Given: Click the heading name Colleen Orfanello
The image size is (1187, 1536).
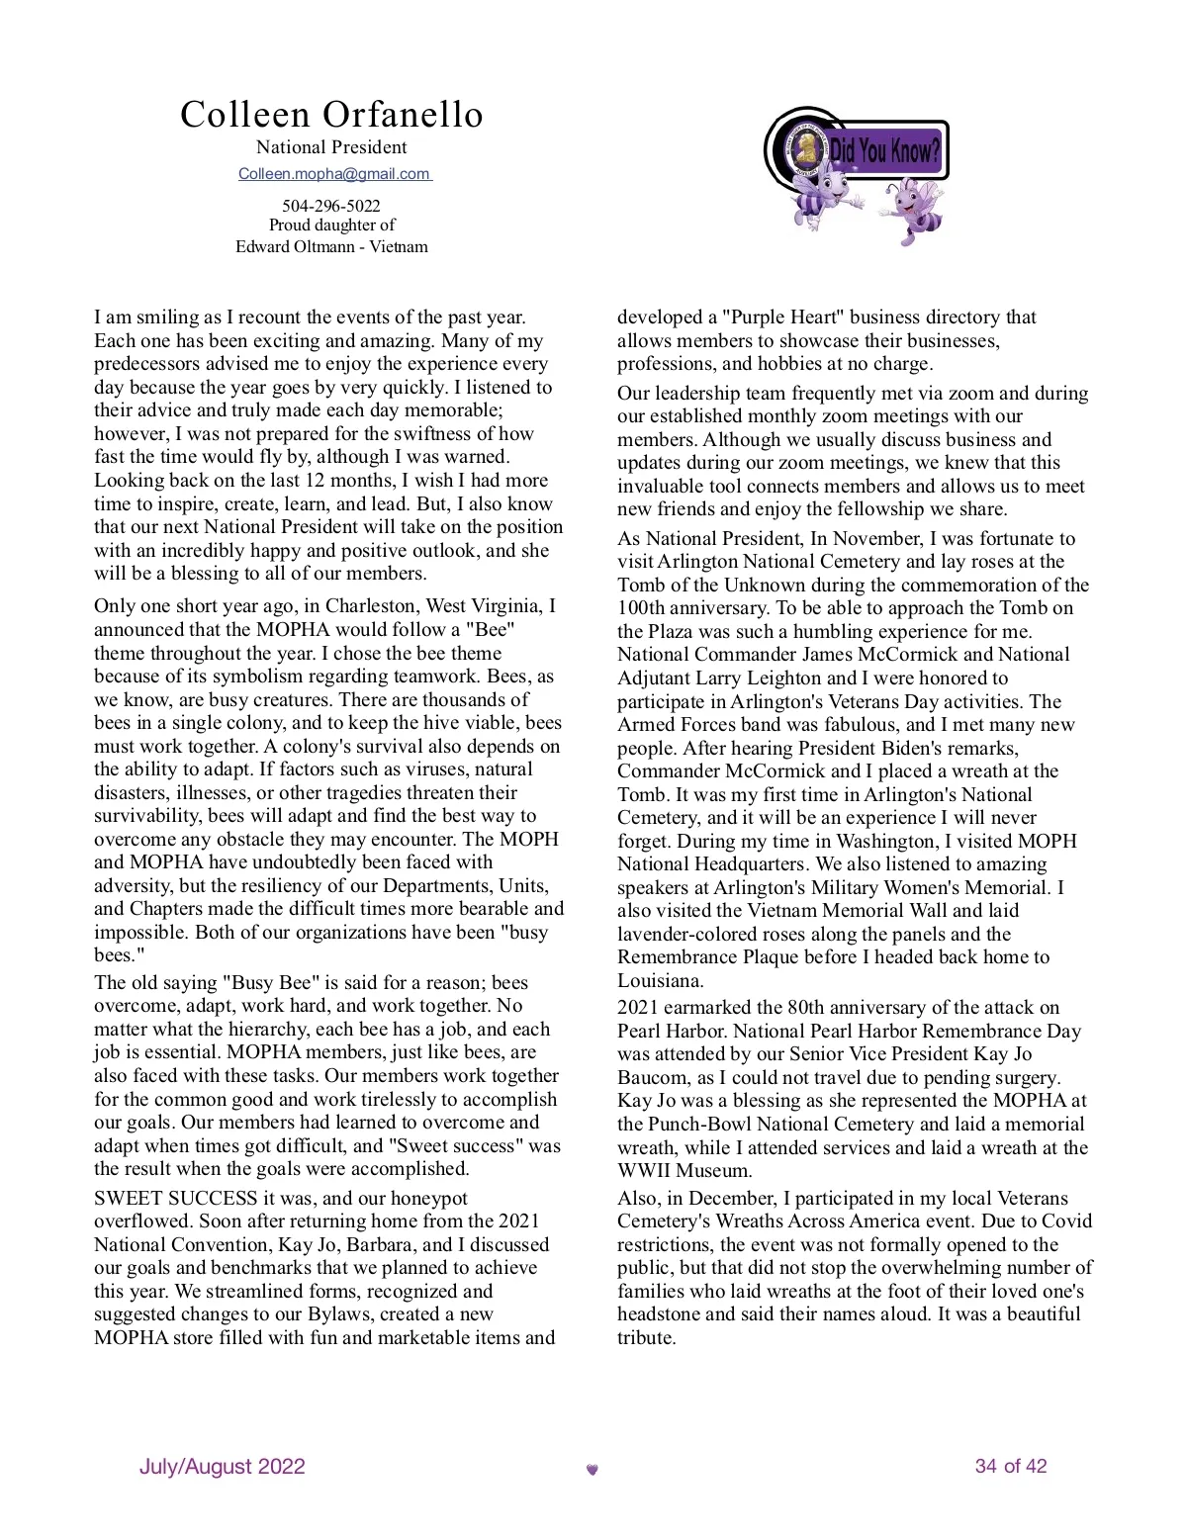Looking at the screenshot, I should [331, 115].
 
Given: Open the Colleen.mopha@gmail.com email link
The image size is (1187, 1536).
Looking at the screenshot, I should [334, 174].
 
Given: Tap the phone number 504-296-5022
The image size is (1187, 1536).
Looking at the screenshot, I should [331, 206].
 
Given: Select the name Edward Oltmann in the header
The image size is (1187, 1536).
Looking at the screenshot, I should [294, 246].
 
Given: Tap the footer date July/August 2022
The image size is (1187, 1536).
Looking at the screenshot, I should [223, 1466].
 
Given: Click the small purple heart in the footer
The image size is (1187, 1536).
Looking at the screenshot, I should [593, 1470].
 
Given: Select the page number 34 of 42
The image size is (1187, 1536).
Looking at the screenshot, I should [1010, 1466].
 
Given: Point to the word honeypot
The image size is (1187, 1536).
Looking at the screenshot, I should [428, 1198].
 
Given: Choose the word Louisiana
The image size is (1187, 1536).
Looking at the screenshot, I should [660, 980].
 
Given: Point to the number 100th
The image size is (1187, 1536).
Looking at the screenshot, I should [645, 608].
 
